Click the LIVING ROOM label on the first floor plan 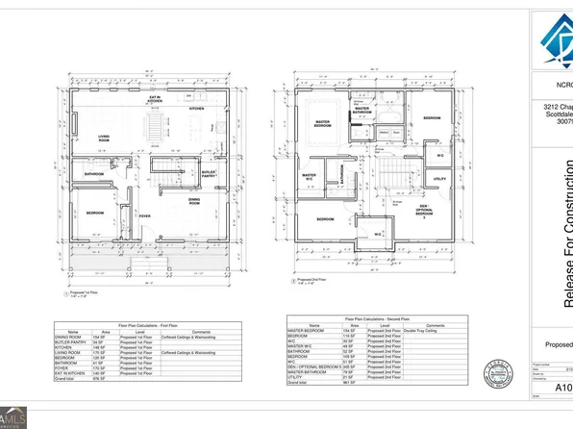point(104,139)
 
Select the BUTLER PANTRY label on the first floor point(208,174)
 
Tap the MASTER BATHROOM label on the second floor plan point(362,112)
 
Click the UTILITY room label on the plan point(439,179)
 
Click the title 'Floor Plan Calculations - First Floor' point(158,326)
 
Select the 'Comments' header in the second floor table point(416,325)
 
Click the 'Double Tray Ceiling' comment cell point(416,331)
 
